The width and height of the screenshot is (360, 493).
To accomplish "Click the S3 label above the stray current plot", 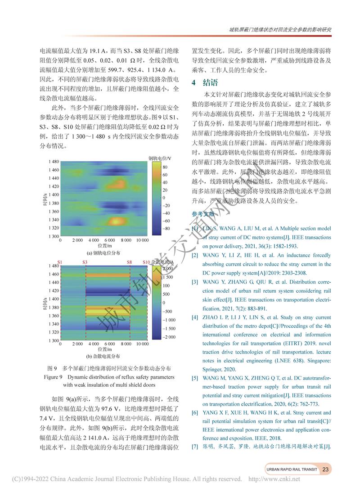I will coord(85,262).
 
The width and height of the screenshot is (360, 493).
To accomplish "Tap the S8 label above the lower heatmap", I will coord(130,262).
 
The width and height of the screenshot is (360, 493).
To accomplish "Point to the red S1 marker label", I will coord(60,262).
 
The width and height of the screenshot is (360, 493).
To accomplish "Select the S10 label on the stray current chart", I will coord(146,262).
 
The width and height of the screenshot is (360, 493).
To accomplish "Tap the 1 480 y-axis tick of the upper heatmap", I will coord(53,161).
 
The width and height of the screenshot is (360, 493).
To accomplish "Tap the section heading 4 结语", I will coord(205,82).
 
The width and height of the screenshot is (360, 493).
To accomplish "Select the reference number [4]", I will coord(195,317).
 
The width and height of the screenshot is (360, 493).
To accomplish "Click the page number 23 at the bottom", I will coord(327,469).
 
